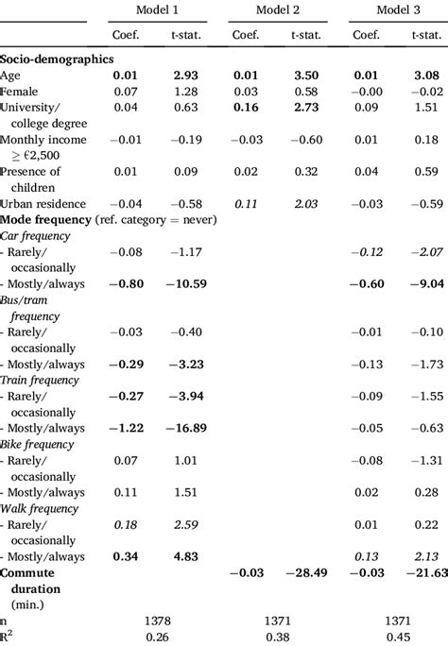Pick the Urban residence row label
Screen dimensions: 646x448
click(x=43, y=203)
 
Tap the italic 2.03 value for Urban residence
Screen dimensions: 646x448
click(x=305, y=203)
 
